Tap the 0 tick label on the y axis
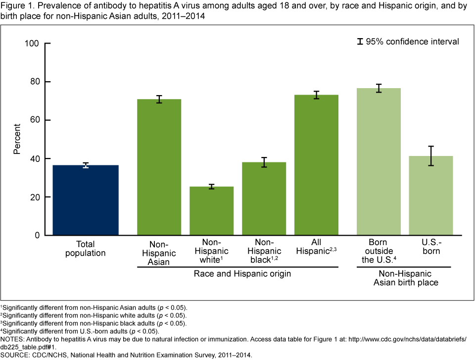point(37,236)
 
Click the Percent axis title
point(17,139)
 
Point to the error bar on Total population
point(86,165)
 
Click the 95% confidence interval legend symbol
point(360,42)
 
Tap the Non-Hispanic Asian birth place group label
point(404,278)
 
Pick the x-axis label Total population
point(86,249)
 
